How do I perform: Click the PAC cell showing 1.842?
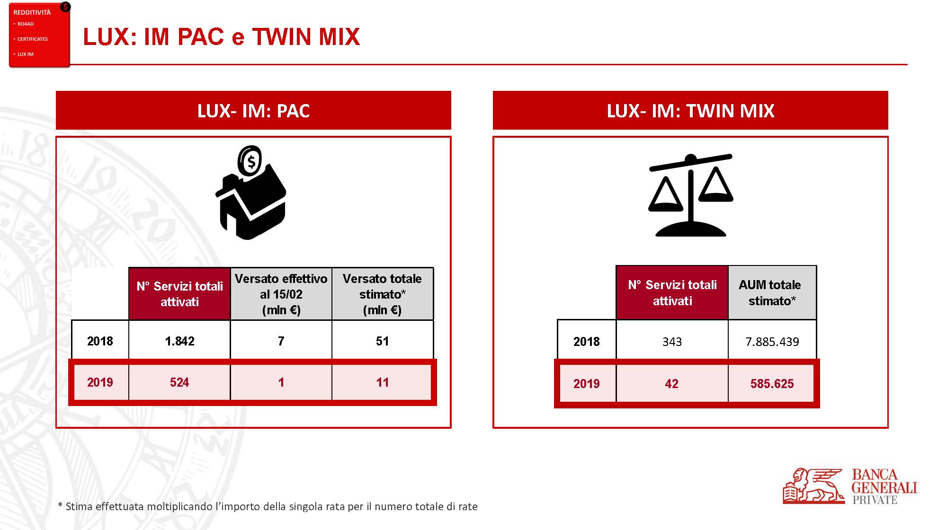coord(179,341)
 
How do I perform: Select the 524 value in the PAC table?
coord(179,382)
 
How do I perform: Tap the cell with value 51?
coord(382,341)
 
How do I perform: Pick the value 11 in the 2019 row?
coord(382,382)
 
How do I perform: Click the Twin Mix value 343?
coord(672,342)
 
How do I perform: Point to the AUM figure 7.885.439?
coord(772,342)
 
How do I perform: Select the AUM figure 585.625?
coord(772,384)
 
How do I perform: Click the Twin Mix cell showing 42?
coord(671,384)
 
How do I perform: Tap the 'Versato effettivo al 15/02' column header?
coord(281,294)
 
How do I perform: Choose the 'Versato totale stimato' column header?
coord(382,294)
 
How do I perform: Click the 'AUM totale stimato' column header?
coord(770,292)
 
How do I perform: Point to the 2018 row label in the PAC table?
coord(100,341)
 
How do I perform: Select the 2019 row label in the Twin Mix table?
coord(586,384)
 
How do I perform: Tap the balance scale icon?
coord(690,195)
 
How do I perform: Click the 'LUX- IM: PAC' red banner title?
coord(253,111)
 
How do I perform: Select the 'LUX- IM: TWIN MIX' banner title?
coord(690,111)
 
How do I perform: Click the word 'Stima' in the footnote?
coord(79,506)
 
